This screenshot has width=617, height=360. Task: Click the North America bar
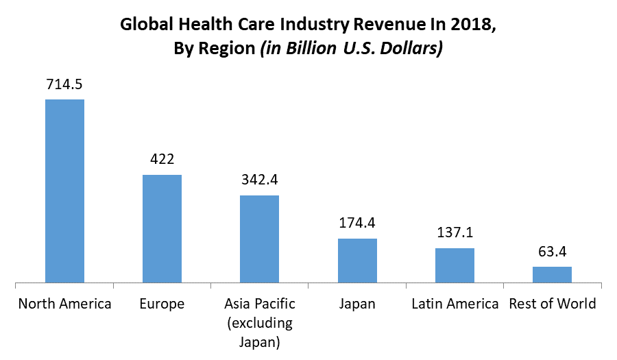(x=64, y=191)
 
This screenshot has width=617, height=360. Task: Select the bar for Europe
(x=162, y=228)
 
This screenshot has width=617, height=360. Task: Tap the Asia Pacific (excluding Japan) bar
(x=259, y=239)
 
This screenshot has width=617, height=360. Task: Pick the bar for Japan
(x=357, y=261)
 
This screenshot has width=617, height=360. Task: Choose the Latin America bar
(x=455, y=265)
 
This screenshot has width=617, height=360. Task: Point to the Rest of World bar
(x=552, y=274)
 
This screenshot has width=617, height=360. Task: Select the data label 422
(x=162, y=159)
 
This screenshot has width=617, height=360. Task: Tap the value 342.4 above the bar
(x=259, y=180)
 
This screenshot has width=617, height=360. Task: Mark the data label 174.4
(x=357, y=223)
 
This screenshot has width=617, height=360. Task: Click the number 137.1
(x=455, y=233)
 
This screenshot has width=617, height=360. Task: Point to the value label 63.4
(x=552, y=251)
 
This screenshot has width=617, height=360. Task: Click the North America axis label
(x=64, y=304)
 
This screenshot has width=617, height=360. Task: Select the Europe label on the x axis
(x=162, y=304)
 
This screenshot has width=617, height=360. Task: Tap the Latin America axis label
(x=455, y=304)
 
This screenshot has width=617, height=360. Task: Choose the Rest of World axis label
(x=553, y=304)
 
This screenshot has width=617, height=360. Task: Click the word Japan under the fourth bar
(x=357, y=304)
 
